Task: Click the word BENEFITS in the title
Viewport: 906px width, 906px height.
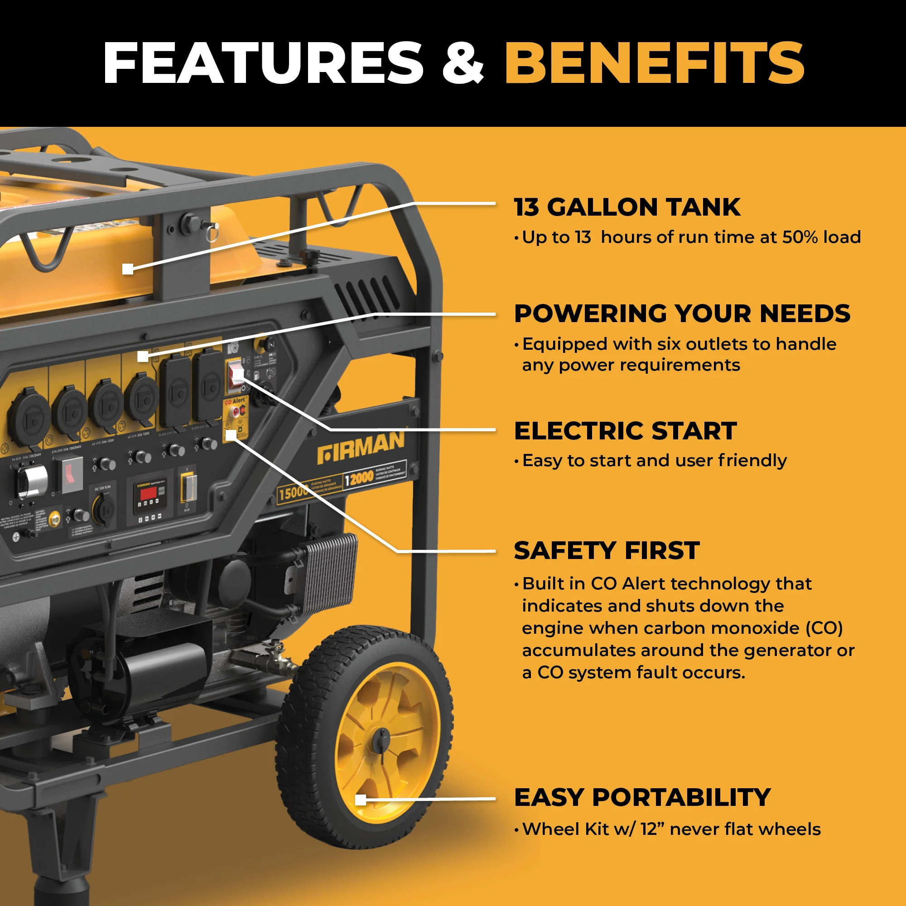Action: coord(654,63)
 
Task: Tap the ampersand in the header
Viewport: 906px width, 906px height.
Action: coord(463,64)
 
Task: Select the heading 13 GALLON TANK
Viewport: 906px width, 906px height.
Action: coord(627,207)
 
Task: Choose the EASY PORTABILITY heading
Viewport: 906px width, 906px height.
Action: coord(642,797)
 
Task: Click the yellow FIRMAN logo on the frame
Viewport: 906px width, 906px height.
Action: coord(360,448)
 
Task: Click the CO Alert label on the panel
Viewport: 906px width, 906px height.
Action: coord(235,401)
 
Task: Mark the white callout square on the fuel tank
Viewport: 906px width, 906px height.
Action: coord(128,269)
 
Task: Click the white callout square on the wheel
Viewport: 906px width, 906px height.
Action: coord(361,800)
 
